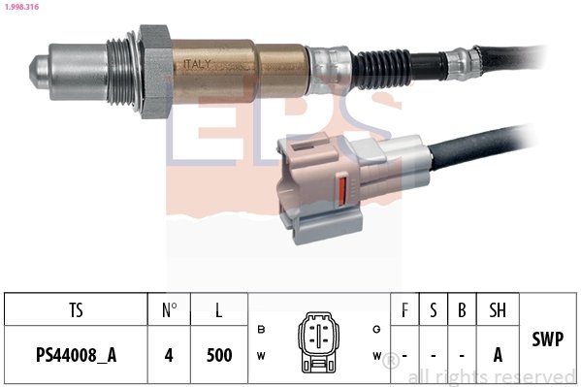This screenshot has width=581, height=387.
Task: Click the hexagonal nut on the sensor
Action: pyautogui.click(x=155, y=73)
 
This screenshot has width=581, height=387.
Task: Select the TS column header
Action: pyautogui.click(x=76, y=311)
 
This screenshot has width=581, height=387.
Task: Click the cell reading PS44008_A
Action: pyautogui.click(x=76, y=355)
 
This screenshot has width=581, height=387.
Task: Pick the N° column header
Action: pyautogui.click(x=169, y=311)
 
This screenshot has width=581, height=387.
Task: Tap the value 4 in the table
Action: pyautogui.click(x=169, y=355)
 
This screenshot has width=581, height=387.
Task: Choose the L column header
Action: pyautogui.click(x=219, y=311)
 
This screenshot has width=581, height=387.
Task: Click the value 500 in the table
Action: pyautogui.click(x=219, y=355)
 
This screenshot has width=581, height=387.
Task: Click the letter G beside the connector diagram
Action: pyautogui.click(x=375, y=330)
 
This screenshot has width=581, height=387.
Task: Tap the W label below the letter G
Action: pyautogui.click(x=375, y=356)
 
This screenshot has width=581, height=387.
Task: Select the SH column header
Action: pyautogui.click(x=498, y=311)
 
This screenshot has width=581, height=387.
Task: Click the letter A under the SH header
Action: pyautogui.click(x=498, y=355)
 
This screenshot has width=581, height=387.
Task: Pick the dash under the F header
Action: pyautogui.click(x=403, y=355)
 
